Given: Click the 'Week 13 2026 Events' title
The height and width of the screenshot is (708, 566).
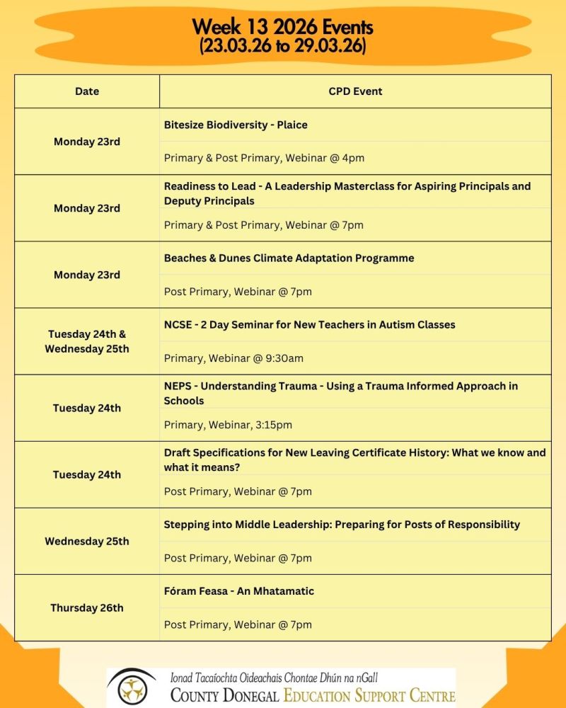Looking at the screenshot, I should (x=282, y=28).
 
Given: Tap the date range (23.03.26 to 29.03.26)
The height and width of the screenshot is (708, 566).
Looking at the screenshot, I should (x=282, y=46).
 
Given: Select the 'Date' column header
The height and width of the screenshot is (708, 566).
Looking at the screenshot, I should (x=87, y=91).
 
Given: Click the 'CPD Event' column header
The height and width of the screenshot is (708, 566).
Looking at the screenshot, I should (x=355, y=91).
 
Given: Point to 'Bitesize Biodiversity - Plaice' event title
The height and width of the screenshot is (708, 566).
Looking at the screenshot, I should (x=236, y=125).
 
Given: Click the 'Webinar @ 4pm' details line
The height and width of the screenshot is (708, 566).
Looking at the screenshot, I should (x=264, y=158).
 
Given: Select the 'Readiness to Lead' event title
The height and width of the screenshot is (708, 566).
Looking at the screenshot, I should (x=347, y=193).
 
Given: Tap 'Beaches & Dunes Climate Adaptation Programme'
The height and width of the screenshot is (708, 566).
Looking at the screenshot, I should (x=289, y=258).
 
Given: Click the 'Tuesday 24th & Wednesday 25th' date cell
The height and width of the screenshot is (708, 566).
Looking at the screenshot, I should (x=87, y=341).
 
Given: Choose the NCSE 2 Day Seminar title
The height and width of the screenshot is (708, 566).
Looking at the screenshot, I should (x=309, y=324).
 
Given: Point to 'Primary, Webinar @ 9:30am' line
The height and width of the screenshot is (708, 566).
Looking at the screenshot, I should (x=233, y=358).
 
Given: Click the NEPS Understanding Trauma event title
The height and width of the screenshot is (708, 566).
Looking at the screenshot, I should (x=340, y=393).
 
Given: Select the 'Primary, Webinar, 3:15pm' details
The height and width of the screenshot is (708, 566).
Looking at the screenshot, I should (x=228, y=425).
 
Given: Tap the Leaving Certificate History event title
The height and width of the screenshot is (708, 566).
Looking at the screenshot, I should (x=354, y=459).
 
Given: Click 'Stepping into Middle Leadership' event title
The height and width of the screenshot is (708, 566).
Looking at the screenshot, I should (x=342, y=525).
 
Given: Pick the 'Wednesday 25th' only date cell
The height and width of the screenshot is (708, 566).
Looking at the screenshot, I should (x=87, y=542).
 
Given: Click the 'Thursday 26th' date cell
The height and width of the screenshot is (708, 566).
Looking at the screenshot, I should (x=87, y=608).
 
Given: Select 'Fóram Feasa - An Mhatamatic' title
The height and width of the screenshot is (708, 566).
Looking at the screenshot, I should (x=238, y=591).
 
